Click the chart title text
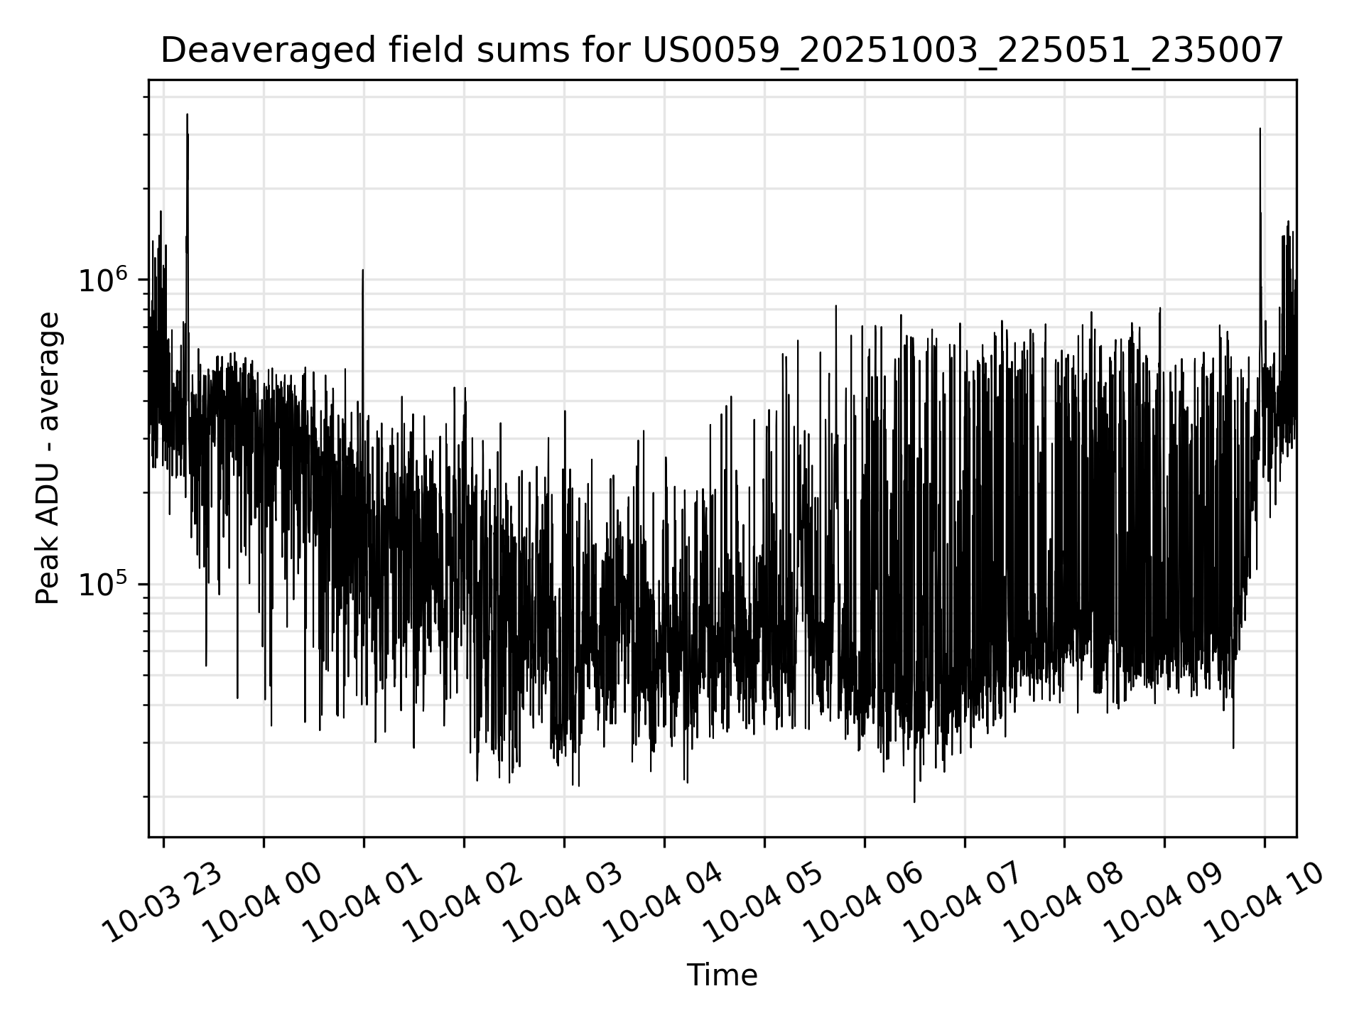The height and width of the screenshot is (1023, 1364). pyautogui.click(x=722, y=51)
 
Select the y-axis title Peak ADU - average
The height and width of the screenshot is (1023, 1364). pyautogui.click(x=48, y=458)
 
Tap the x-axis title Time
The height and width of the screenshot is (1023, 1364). pyautogui.click(x=722, y=975)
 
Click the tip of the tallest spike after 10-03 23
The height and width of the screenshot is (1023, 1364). pyautogui.click(x=187, y=114)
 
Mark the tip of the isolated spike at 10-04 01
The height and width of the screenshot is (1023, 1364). pyautogui.click(x=362, y=270)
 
